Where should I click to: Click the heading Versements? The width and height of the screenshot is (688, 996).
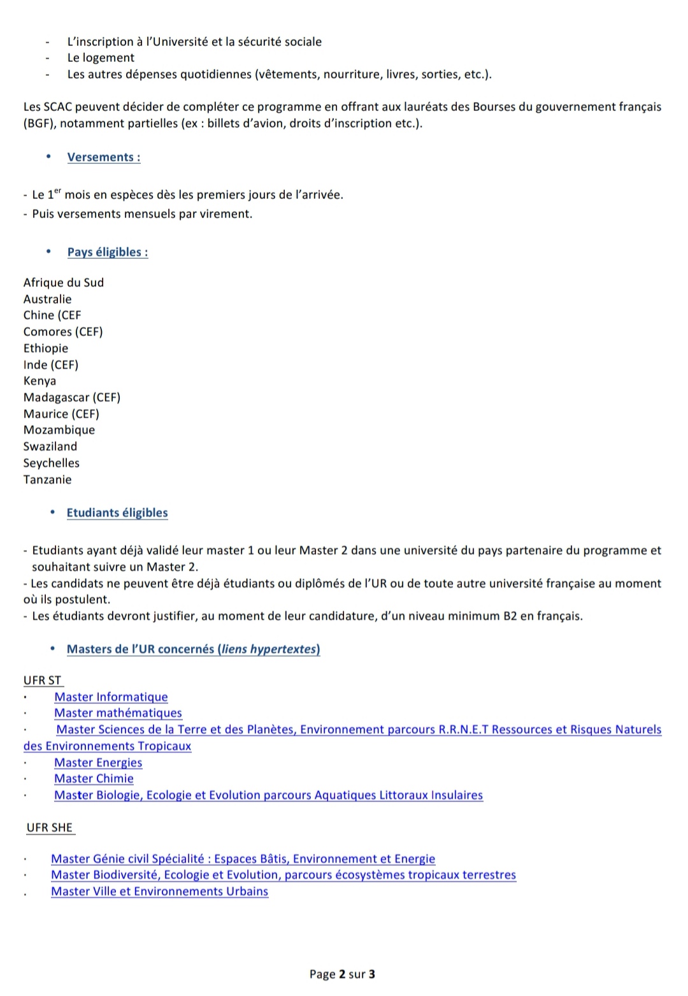point(104,157)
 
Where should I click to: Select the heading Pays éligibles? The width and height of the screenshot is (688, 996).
point(108,252)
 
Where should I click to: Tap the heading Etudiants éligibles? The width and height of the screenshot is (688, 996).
point(117,513)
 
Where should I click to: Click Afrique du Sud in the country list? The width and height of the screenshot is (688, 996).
point(64,283)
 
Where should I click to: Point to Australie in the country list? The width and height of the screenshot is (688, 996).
point(48,300)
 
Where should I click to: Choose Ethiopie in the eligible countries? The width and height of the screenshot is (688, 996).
point(46,349)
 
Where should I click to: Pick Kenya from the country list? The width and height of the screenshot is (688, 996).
point(40,381)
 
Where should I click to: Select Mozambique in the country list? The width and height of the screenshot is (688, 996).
point(59,430)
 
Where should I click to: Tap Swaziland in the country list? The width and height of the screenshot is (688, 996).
point(50,447)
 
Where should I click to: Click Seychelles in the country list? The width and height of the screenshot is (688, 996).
point(52,463)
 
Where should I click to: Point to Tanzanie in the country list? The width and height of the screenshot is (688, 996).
point(48,480)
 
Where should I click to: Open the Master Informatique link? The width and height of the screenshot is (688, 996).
point(111,697)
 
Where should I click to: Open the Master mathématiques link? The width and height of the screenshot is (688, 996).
point(118,713)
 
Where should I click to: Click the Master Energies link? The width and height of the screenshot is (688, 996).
point(98,763)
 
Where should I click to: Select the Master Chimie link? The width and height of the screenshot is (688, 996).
point(94,779)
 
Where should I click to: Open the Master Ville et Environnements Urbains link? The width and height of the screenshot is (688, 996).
point(159,891)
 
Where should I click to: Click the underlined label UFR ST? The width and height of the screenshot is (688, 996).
point(43,681)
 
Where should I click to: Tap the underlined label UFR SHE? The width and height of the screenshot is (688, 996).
point(50,828)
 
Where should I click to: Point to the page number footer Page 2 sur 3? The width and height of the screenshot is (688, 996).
point(342,974)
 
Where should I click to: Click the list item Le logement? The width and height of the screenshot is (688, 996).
point(101,58)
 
